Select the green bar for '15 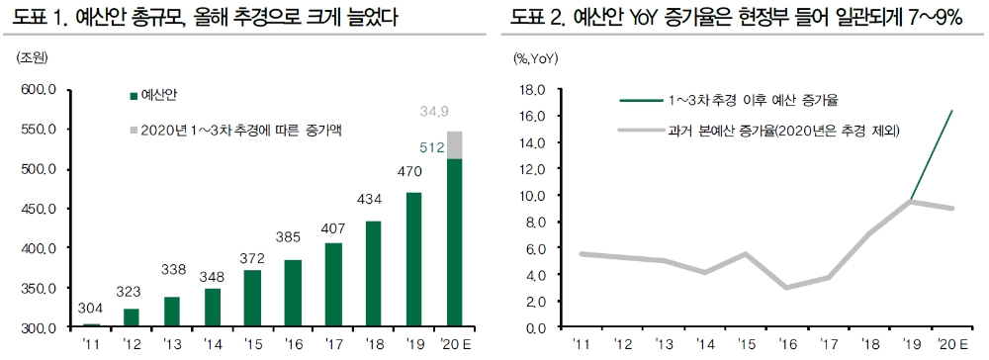[253, 298]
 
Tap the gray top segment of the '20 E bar [455, 144]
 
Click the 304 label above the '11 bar [91, 309]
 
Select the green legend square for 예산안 [133, 96]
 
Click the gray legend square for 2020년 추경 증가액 [133, 130]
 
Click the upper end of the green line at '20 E [951, 111]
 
